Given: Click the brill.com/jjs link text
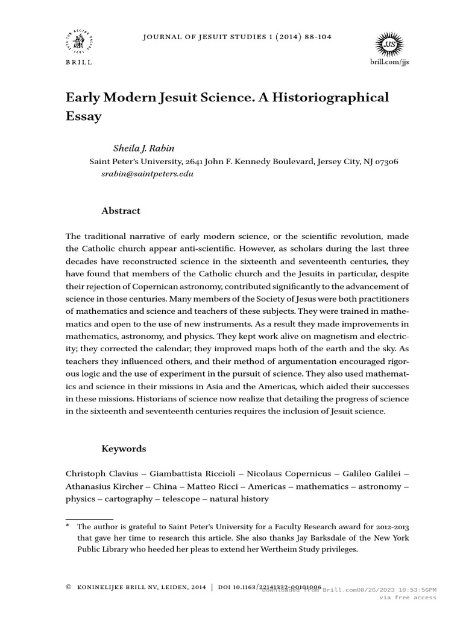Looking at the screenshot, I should [x=391, y=62].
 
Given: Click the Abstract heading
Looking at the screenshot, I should [x=121, y=211].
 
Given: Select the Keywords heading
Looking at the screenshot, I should [x=124, y=449].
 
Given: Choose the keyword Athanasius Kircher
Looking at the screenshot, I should [x=102, y=486].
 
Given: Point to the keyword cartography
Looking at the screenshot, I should [x=128, y=499].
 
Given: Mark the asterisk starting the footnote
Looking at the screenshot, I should [x=68, y=526].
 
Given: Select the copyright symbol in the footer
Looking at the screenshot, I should [x=68, y=587].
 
